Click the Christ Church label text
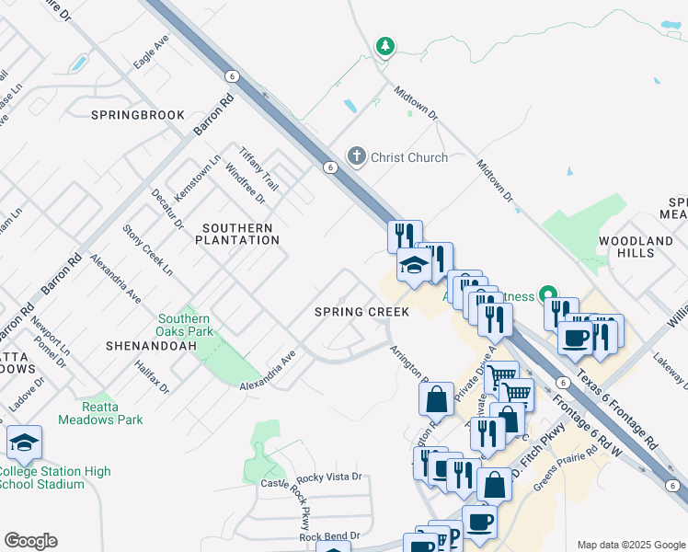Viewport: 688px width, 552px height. pyautogui.click(x=409, y=157)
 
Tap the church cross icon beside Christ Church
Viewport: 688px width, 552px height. pyautogui.click(x=357, y=157)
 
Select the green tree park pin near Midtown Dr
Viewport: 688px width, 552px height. pyautogui.click(x=384, y=46)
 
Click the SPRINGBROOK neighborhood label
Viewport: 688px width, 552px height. pyautogui.click(x=138, y=115)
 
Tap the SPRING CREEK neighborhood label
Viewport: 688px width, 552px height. pyautogui.click(x=361, y=312)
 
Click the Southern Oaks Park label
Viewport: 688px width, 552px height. pyautogui.click(x=185, y=325)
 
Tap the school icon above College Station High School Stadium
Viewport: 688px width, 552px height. pyautogui.click(x=24, y=443)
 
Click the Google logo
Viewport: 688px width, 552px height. pyautogui.click(x=30, y=541)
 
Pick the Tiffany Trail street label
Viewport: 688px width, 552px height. pyautogui.click(x=258, y=168)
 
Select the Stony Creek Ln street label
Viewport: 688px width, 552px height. pyautogui.click(x=148, y=249)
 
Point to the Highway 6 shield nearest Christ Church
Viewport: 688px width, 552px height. pyautogui.click(x=329, y=167)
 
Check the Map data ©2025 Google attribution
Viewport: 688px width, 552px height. pyautogui.click(x=630, y=545)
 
